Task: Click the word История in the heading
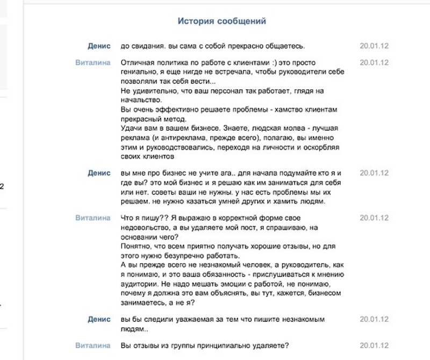tap(196, 22)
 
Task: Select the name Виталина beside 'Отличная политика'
tap(92, 62)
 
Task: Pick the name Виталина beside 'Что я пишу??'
tap(92, 218)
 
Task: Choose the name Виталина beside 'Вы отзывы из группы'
tap(92, 345)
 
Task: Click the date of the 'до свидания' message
tap(374, 46)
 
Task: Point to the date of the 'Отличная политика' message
tap(374, 62)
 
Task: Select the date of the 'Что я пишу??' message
tap(374, 218)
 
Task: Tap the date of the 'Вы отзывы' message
tap(374, 345)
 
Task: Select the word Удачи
tap(132, 128)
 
